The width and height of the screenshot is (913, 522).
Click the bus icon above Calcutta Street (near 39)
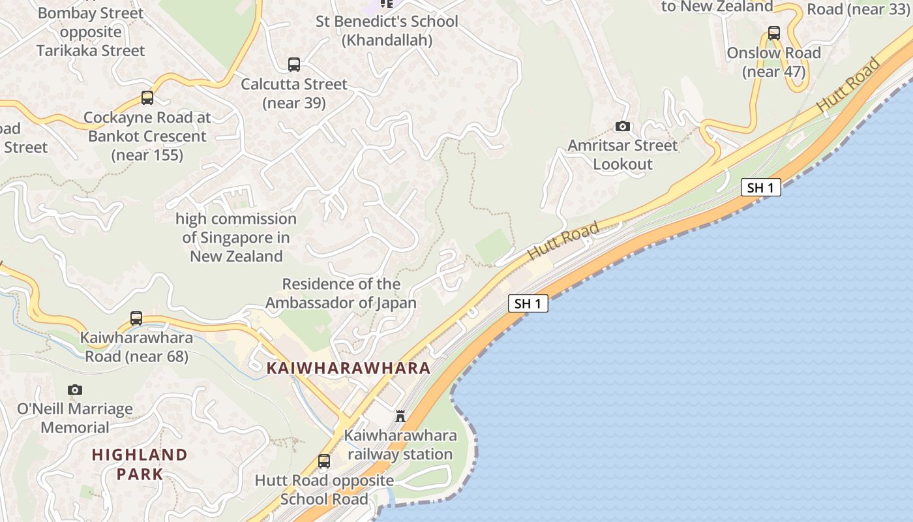point(294,65)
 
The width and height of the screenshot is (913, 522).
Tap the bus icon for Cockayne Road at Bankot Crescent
point(147,98)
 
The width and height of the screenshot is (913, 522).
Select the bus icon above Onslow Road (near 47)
point(774,33)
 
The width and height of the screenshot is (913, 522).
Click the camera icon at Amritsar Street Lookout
point(623,126)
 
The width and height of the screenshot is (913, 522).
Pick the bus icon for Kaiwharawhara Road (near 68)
point(136,318)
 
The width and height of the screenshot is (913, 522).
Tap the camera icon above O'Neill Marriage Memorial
point(75,390)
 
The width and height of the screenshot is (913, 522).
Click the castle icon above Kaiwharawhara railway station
point(400,416)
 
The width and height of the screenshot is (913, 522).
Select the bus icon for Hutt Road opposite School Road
point(324,461)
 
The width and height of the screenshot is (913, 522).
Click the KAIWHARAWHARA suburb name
point(348,368)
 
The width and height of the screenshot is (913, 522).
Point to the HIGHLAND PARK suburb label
point(140,464)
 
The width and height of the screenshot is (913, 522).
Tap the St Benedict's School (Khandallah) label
point(387,31)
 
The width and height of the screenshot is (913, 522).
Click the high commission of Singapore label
point(236,238)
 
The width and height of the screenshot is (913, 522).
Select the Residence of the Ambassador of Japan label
point(341,294)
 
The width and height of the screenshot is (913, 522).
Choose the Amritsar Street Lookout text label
point(623,155)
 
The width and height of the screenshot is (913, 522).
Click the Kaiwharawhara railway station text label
point(400,445)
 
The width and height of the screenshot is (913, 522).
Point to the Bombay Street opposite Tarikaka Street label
point(91,31)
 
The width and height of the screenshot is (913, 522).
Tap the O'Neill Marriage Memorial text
point(75,418)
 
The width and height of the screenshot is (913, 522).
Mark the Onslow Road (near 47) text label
point(774,62)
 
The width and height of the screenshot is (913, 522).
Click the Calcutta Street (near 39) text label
point(294,93)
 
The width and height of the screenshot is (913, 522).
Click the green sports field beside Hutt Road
point(493,247)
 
